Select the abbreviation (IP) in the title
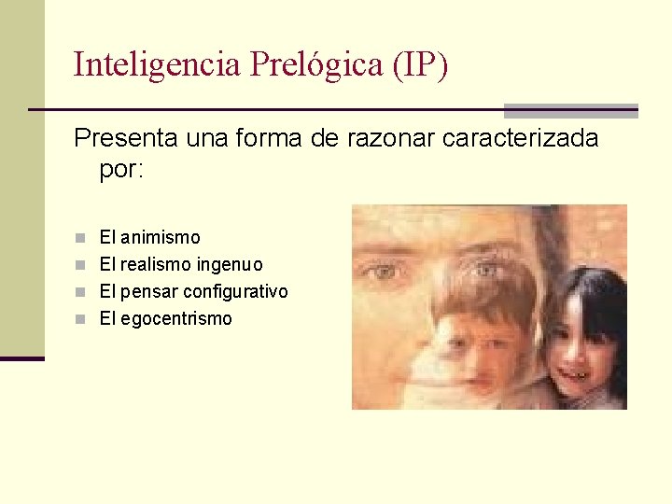point(421,64)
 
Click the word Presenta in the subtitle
point(127,139)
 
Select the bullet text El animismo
point(149,238)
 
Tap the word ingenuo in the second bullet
point(229,265)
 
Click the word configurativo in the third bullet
point(235,292)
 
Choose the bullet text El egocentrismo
point(165,319)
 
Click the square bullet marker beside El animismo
point(81,238)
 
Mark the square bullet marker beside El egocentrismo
point(81,319)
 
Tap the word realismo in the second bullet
point(155,265)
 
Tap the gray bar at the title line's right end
point(570,110)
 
